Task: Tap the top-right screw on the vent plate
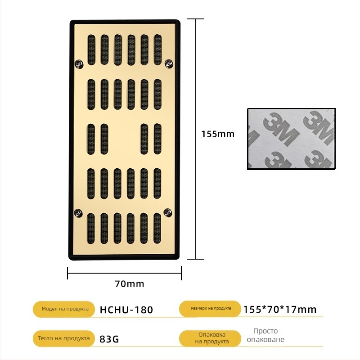[x=169, y=63]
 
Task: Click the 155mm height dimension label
[x=218, y=134]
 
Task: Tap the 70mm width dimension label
[x=130, y=283]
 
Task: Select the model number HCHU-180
[x=126, y=310]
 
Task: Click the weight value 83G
[x=109, y=339]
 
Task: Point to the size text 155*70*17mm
[x=279, y=309]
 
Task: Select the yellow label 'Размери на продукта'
[x=211, y=309]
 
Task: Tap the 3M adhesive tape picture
[x=292, y=139]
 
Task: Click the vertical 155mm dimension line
[x=195, y=90]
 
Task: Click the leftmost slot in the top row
[x=91, y=49]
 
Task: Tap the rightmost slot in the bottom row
[x=157, y=228]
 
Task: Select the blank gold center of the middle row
[x=124, y=139]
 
